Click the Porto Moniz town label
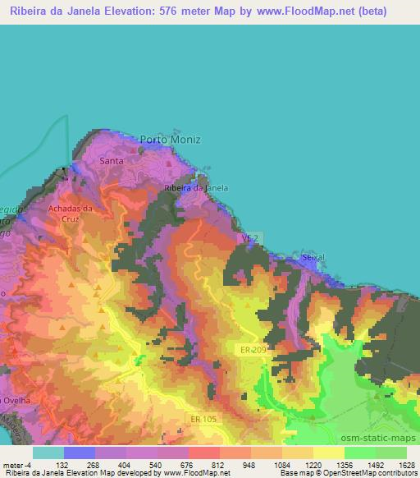pos(170,140)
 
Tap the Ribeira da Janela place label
pos(196,188)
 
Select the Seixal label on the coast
pos(313,257)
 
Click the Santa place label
pos(111,161)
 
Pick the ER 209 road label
pos(255,350)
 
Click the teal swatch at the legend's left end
pos(48,452)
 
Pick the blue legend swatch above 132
pos(79,452)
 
